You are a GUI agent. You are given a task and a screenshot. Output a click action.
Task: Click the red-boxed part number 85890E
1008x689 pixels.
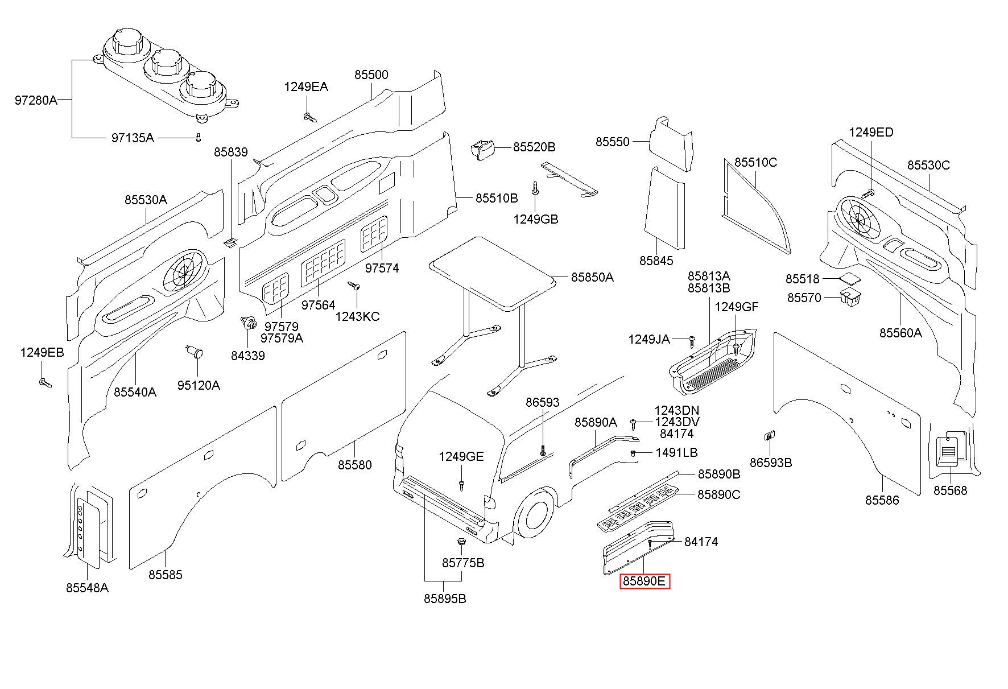click(645, 581)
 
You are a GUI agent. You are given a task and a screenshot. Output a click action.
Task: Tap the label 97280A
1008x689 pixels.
click(36, 101)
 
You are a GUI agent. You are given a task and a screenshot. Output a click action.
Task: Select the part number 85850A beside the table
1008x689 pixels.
click(592, 277)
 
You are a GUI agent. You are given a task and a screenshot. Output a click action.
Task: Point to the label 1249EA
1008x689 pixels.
click(306, 87)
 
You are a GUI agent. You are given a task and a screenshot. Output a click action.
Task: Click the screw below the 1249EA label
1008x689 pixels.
click(309, 118)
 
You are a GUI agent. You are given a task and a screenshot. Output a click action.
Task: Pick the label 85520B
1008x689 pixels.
click(534, 147)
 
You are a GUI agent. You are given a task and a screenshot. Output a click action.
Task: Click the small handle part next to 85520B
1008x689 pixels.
click(482, 150)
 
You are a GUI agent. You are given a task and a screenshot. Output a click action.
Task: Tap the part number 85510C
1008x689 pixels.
click(755, 162)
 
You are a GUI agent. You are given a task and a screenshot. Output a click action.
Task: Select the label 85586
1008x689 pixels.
click(882, 500)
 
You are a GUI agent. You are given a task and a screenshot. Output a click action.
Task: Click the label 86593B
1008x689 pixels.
click(771, 463)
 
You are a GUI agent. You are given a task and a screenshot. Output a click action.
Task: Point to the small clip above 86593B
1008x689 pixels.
click(769, 436)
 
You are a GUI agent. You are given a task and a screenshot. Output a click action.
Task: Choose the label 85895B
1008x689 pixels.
click(445, 599)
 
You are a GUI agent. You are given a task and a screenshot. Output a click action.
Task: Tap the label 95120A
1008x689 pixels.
click(199, 385)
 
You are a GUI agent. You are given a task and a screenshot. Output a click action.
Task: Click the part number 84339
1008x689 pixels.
click(247, 356)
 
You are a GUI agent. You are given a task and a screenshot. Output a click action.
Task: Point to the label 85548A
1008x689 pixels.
click(87, 588)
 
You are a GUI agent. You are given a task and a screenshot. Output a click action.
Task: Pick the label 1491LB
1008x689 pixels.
click(676, 452)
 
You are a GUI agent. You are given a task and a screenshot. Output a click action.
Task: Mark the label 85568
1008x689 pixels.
click(950, 490)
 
